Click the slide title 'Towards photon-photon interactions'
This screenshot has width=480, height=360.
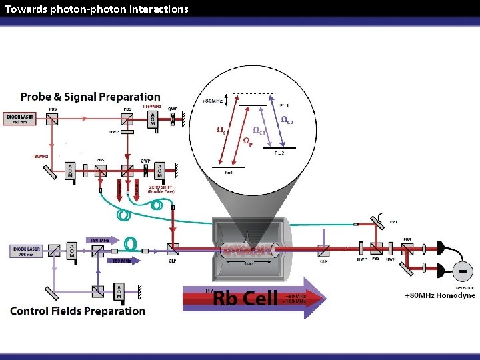[97, 9]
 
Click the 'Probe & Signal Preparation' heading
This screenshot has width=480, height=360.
[91, 97]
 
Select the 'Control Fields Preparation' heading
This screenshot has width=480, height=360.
[77, 311]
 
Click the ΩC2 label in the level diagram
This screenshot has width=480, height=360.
[287, 121]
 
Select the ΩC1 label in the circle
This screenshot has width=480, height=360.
[259, 130]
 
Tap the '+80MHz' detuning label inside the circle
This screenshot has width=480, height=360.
[212, 101]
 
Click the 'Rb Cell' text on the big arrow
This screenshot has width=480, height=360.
[245, 297]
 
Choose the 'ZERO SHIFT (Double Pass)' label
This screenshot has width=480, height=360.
[159, 189]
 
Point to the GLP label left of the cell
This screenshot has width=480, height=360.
[173, 262]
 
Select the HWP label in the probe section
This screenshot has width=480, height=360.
[113, 131]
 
